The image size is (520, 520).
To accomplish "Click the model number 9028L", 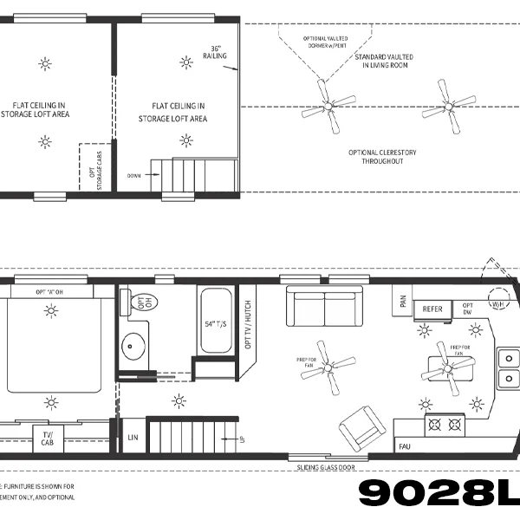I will (x=438, y=493).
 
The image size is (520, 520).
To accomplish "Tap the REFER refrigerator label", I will (x=432, y=309).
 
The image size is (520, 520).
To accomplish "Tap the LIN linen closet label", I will (x=133, y=436).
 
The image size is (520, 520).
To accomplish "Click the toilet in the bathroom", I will (x=138, y=302).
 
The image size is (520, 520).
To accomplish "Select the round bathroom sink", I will (x=133, y=347).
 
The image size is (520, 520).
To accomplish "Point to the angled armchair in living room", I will (x=358, y=428).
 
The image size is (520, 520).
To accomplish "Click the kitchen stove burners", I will (x=445, y=425).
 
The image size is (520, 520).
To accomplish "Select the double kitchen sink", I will (x=507, y=367).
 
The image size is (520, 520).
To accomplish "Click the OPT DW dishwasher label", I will (x=467, y=309).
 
